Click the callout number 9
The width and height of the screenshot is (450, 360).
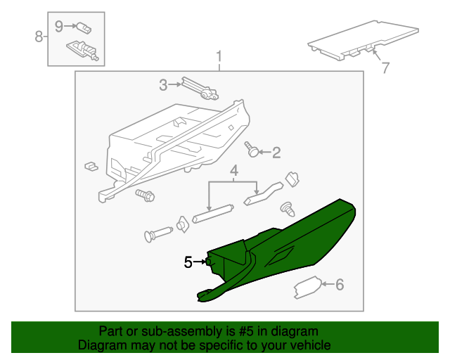pos(58,27)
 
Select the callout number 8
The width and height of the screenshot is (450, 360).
pos(39,37)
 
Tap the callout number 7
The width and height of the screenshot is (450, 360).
pos(385,67)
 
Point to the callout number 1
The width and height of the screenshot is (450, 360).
pos(219,56)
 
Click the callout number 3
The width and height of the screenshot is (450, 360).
pos(163,85)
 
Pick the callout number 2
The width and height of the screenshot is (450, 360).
pos(276,153)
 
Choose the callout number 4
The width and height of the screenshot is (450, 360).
pos(234,171)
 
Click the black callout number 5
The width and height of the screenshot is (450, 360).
pos(188,262)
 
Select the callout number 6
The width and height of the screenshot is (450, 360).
pos(340,285)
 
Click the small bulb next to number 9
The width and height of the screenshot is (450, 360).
pos(84,28)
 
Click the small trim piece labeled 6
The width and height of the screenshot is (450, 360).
pos(307,287)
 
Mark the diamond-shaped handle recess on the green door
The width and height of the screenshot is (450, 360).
pos(280,256)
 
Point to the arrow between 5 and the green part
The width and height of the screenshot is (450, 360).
pos(199,262)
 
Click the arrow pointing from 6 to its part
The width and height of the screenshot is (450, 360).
pos(328,284)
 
